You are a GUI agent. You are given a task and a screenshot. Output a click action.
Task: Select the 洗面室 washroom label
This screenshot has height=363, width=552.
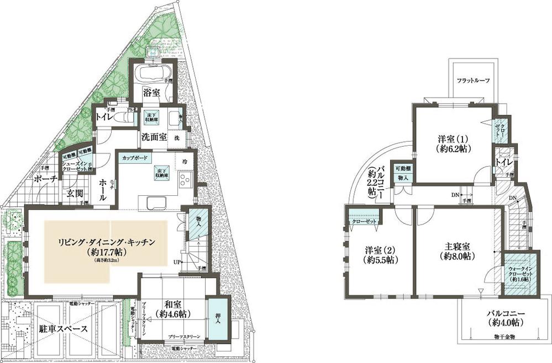coord(155,138)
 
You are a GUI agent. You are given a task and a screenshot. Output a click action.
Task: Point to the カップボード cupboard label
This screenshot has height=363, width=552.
coord(134,158)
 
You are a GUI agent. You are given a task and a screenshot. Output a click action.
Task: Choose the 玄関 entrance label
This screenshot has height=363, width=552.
coord(75,194)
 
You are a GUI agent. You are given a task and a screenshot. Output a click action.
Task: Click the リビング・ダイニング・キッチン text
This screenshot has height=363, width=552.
coord(106,242)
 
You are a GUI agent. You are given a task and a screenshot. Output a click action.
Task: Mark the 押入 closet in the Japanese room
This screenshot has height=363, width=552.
coord(213,319)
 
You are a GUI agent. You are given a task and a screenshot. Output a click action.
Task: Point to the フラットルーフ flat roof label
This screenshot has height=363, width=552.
coord(472,81)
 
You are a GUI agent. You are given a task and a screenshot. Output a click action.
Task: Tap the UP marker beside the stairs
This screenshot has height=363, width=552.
coord(177,261)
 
